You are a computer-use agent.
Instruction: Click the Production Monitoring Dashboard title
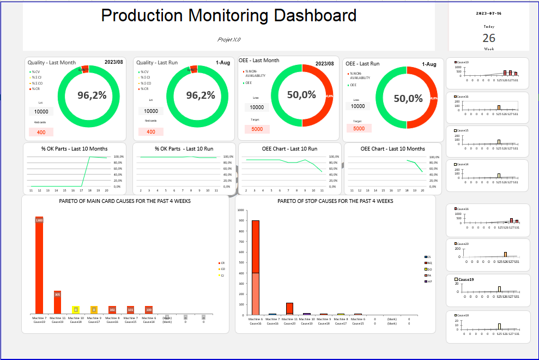point(229,16)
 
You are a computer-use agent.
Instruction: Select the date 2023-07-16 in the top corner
point(489,13)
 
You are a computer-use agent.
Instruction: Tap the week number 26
point(489,38)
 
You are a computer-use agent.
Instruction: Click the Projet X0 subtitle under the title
point(229,40)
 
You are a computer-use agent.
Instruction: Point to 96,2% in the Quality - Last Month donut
point(92,95)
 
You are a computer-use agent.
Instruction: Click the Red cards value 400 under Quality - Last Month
point(41,132)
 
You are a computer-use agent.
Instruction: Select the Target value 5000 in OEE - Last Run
point(359,129)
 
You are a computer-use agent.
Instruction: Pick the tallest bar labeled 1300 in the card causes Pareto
point(39,267)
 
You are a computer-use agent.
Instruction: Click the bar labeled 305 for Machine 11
point(58,302)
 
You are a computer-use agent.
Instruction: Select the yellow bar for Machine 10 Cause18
point(76,310)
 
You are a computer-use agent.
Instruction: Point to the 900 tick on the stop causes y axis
point(241,220)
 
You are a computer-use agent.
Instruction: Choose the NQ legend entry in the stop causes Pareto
point(428,263)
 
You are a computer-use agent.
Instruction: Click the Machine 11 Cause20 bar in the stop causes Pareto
point(289,309)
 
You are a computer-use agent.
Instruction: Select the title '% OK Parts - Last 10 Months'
point(75,148)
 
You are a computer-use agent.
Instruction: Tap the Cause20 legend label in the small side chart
point(463,244)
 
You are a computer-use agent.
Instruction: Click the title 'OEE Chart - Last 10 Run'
point(289,148)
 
